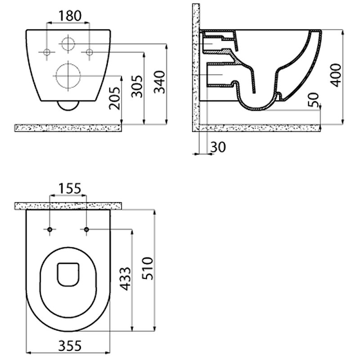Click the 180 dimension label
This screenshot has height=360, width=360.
click(x=70, y=16)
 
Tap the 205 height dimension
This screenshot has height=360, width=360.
click(x=115, y=98)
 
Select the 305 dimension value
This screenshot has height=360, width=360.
click(x=137, y=86)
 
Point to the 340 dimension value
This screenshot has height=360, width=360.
click(x=159, y=82)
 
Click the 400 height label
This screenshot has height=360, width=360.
click(x=336, y=75)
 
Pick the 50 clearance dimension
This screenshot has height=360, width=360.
click(x=313, y=99)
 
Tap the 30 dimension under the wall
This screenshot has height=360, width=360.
click(x=218, y=147)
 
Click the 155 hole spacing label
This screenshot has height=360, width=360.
click(x=70, y=188)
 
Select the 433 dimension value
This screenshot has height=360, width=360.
click(x=126, y=279)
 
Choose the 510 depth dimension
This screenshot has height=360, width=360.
click(x=148, y=268)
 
